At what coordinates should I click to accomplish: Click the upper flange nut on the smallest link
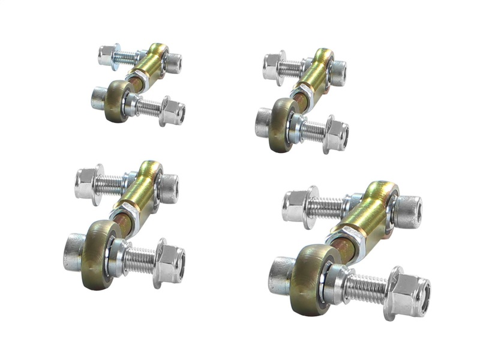107,55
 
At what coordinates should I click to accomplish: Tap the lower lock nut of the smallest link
173,111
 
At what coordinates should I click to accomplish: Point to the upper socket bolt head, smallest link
173,62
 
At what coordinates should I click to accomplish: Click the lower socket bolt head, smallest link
98,97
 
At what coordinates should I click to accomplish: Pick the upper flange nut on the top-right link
273,66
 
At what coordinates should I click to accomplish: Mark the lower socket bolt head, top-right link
263,122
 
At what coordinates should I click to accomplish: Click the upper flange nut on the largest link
296,206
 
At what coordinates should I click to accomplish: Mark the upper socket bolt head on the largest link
409,212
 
